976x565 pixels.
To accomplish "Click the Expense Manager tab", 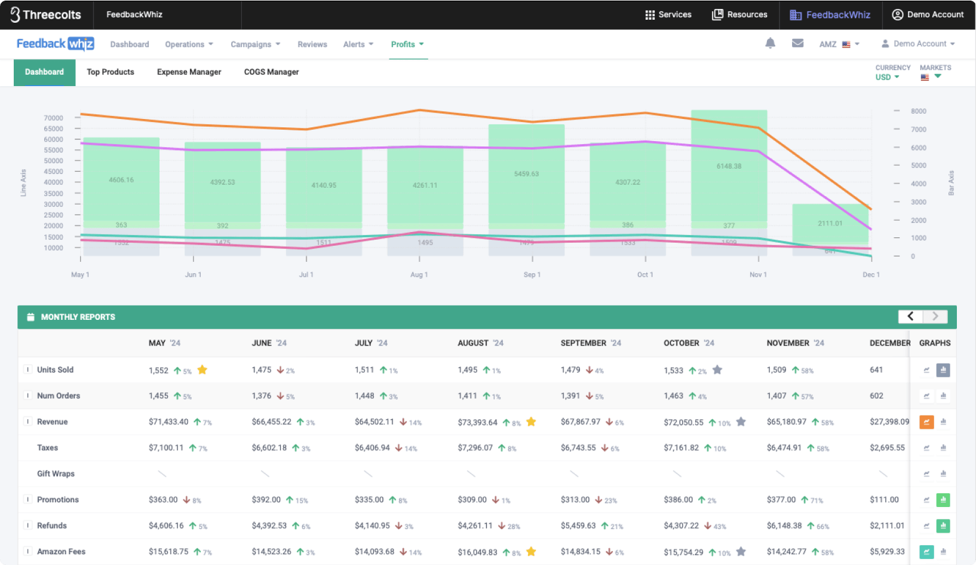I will pos(189,72).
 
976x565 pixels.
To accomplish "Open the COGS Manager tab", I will pos(271,72).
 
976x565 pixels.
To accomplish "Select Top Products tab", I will pos(111,72).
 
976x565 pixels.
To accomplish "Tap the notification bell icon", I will pos(771,43).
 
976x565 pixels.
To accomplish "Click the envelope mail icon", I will pos(797,43).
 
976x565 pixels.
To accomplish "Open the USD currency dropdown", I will pos(887,77).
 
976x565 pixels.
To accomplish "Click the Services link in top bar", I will pos(668,14).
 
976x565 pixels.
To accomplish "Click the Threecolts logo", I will pos(46,14).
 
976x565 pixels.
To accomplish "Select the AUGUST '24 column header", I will pos(480,343).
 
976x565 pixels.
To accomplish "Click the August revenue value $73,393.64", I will pos(477,422).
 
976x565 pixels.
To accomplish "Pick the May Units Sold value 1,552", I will pos(158,370).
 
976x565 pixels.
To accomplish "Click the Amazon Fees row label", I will pos(61,551).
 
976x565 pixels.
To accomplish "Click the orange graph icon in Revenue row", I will pos(926,422).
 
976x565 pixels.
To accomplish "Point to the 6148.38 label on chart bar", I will pos(729,166).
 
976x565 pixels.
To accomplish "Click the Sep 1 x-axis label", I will pos(532,274).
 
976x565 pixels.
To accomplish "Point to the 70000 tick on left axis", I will pos(53,118).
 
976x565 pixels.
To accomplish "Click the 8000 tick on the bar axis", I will pos(918,111).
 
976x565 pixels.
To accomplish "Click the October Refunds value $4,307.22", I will pos(681,526).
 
